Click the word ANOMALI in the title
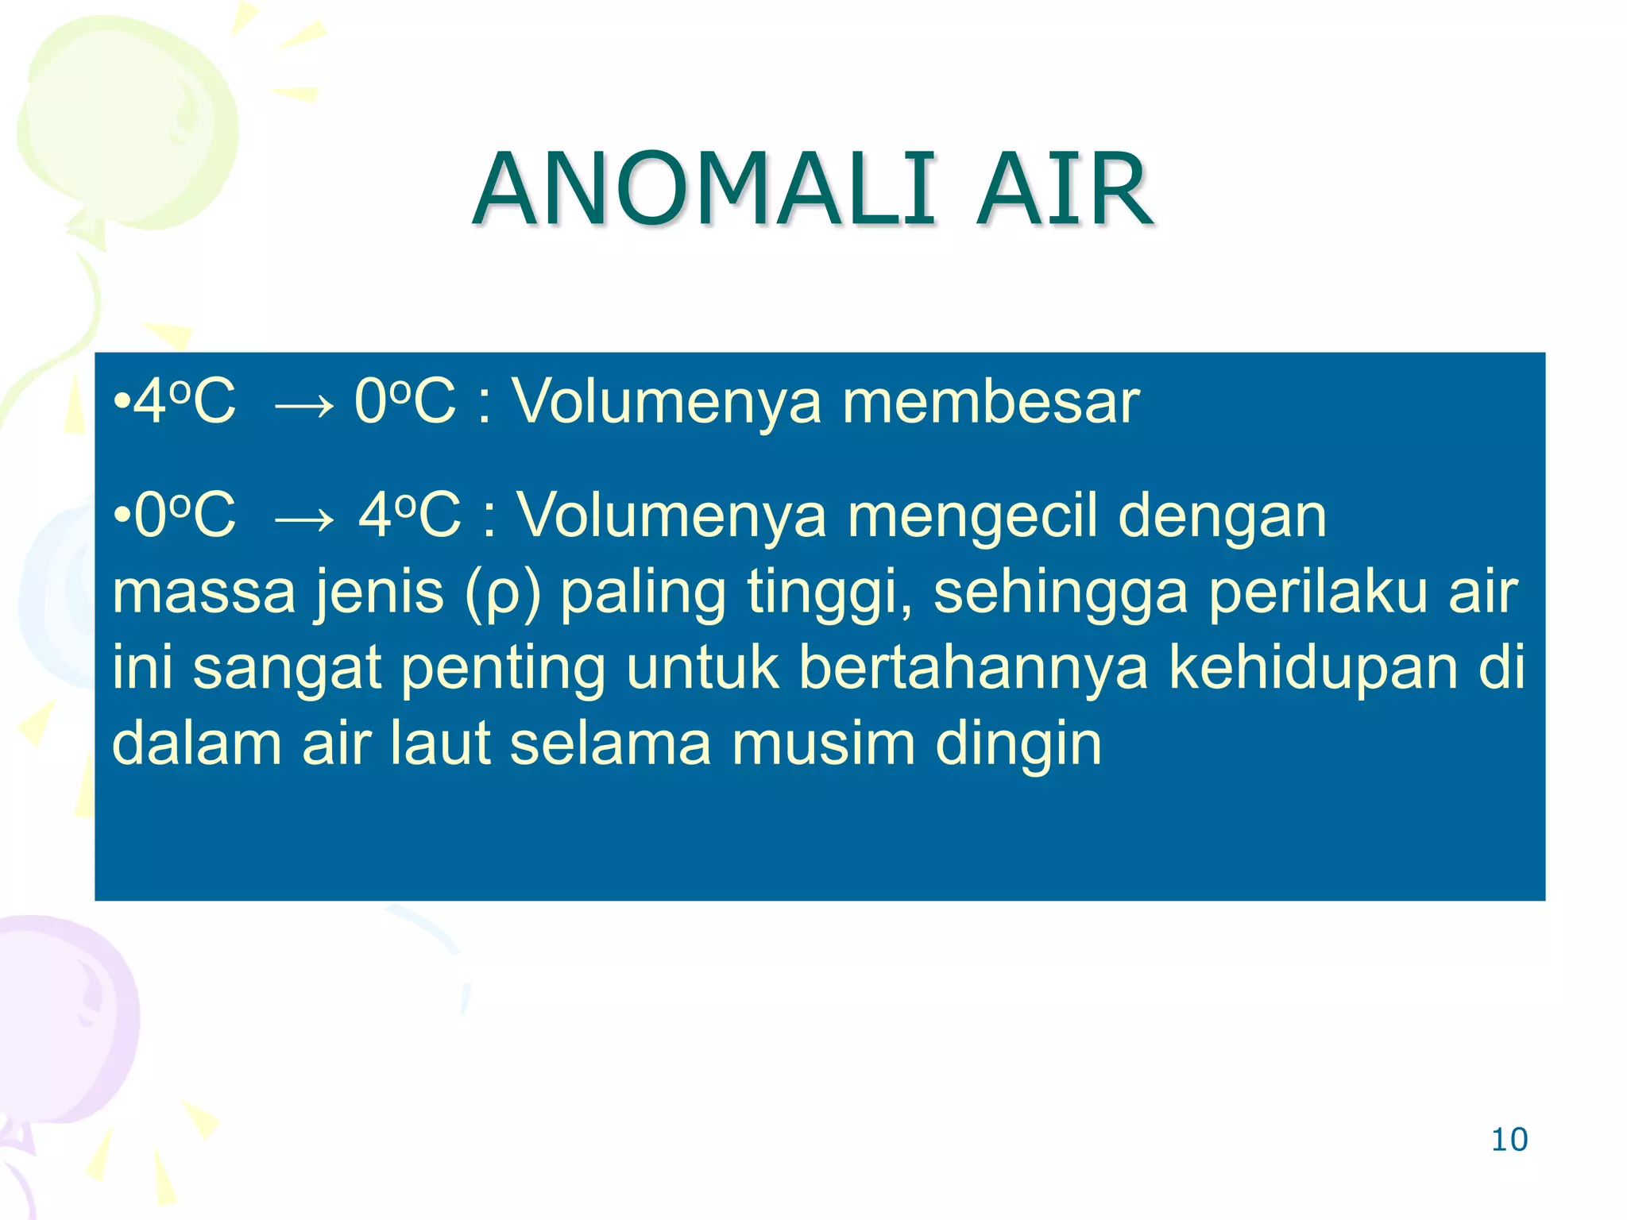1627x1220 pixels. pyautogui.click(x=704, y=191)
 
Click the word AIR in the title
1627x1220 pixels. pyautogui.click(x=1065, y=191)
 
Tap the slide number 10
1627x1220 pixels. pyautogui.click(x=1509, y=1140)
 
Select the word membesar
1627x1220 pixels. pyautogui.click(x=991, y=402)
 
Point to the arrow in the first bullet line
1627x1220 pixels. pyautogui.click(x=303, y=406)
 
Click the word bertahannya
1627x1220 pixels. pyautogui.click(x=973, y=667)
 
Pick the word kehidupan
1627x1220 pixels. pyautogui.click(x=1313, y=667)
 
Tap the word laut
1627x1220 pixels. pyautogui.click(x=441, y=743)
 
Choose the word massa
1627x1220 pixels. pyautogui.click(x=204, y=593)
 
